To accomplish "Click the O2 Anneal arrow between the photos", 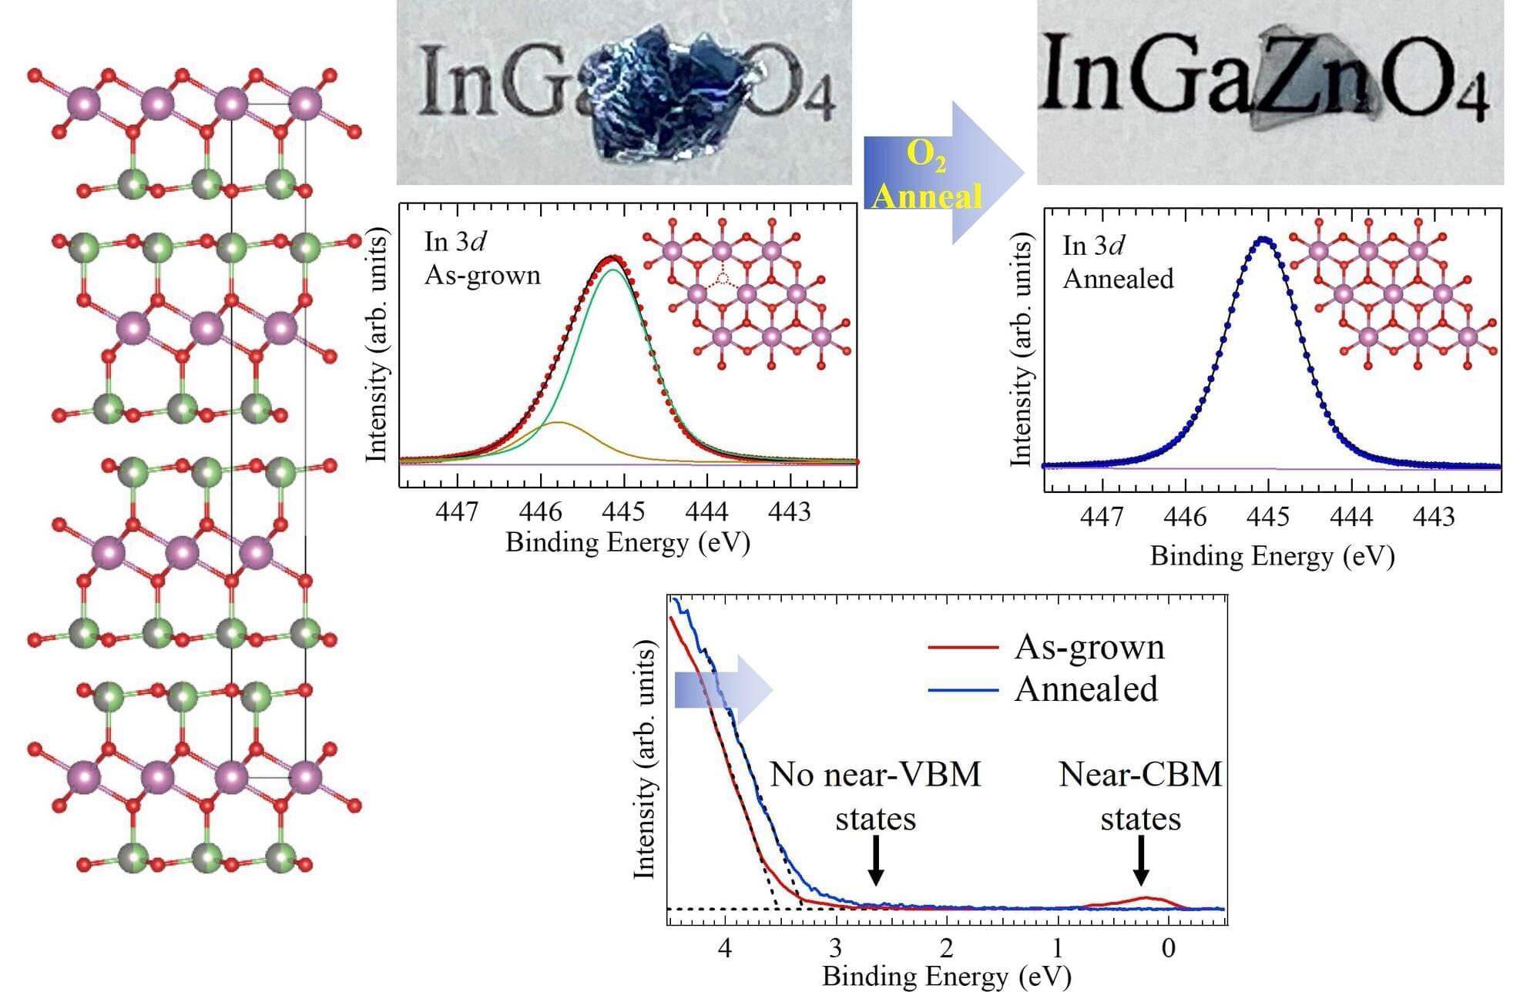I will [x=944, y=174].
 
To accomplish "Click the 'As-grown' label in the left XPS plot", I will [x=482, y=275].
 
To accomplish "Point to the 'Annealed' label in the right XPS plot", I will [x=1118, y=279].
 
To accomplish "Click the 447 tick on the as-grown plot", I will [x=457, y=511].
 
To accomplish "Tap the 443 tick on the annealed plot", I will [x=1434, y=516].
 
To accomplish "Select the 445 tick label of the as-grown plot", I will [x=623, y=511].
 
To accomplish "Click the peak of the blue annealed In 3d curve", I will [x=1263, y=239].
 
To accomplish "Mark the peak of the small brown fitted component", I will [x=557, y=423].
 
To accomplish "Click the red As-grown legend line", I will [x=963, y=647].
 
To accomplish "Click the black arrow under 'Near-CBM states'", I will [x=1141, y=860].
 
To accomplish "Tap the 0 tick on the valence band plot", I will [x=1169, y=948].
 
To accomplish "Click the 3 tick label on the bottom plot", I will [x=836, y=948].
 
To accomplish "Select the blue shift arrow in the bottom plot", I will [x=723, y=689].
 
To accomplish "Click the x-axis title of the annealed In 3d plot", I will [x=1272, y=556].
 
